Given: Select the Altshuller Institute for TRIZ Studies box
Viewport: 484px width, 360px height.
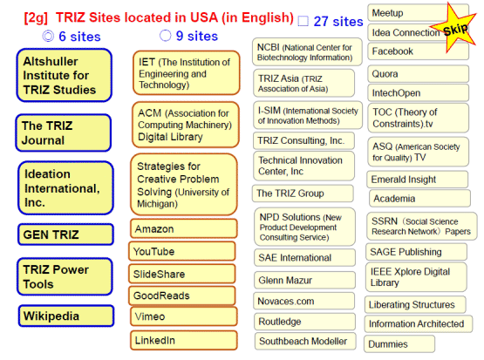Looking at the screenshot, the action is click(64, 75).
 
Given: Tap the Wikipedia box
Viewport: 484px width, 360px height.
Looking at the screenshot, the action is click(66, 316).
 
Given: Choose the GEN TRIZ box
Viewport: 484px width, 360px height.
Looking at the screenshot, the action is click(65, 234).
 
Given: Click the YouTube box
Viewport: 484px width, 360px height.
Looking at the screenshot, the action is click(182, 251).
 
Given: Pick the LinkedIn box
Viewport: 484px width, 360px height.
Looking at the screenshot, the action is click(184, 340).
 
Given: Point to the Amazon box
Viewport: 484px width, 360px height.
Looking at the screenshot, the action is click(184, 229).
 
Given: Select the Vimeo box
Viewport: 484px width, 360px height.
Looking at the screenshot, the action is click(184, 316).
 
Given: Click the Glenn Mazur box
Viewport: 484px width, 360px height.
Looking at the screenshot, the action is click(304, 280).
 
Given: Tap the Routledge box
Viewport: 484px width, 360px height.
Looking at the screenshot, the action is click(304, 322).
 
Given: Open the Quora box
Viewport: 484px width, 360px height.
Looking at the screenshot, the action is click(419, 74).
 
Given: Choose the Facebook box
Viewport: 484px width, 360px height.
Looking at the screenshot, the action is click(419, 51).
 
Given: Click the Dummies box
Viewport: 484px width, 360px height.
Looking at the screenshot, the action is click(399, 344).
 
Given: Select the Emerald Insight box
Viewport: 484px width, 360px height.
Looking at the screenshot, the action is click(418, 180).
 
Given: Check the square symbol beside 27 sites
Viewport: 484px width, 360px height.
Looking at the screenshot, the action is click(303, 21).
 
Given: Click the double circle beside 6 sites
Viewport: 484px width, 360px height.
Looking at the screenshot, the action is click(48, 36).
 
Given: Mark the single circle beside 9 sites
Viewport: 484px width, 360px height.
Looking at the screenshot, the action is click(165, 36).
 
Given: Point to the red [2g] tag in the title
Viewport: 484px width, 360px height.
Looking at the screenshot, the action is click(36, 17).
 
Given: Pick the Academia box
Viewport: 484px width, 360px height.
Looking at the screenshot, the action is click(419, 199).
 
